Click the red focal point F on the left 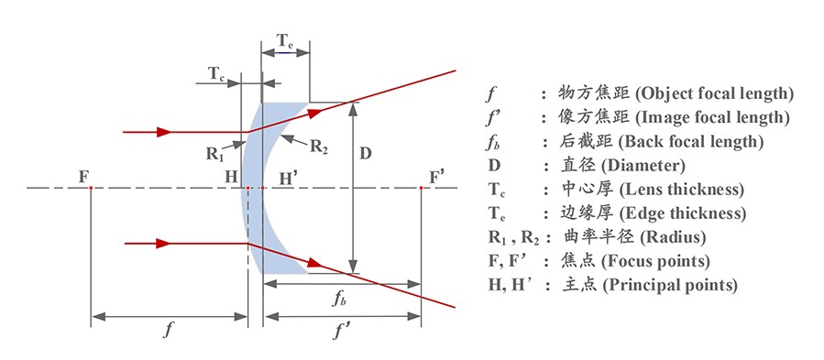[x=91, y=189]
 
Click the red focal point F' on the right [x=420, y=189]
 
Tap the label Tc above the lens [x=217, y=73]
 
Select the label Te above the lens [x=285, y=40]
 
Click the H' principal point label [x=287, y=176]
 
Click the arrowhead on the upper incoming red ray [x=164, y=132]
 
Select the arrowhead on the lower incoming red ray [x=164, y=244]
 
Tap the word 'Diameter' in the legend [x=654, y=165]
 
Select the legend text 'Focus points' [x=658, y=261]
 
